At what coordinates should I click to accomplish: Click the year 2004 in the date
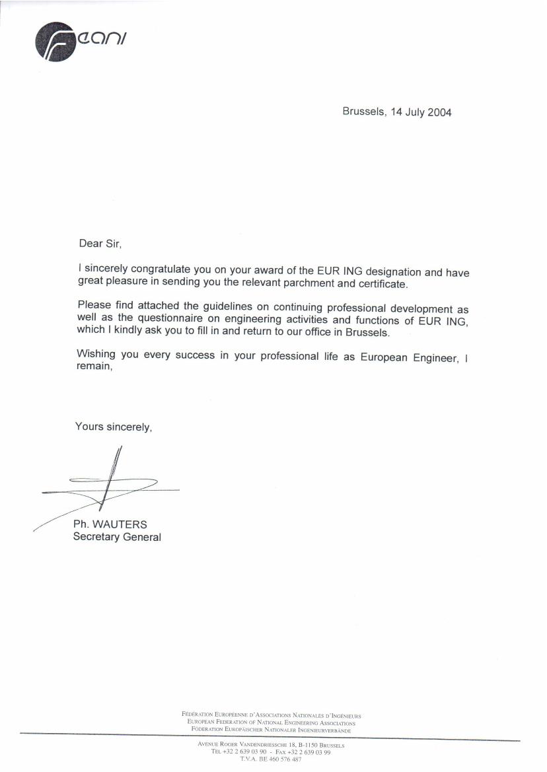[x=439, y=112]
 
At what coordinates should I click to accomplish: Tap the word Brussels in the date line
[x=363, y=112]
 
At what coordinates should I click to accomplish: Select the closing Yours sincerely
[x=114, y=427]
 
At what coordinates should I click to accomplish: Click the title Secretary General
[x=117, y=537]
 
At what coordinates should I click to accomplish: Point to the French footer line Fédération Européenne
[x=271, y=715]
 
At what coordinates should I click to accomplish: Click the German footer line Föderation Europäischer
[x=271, y=728]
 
